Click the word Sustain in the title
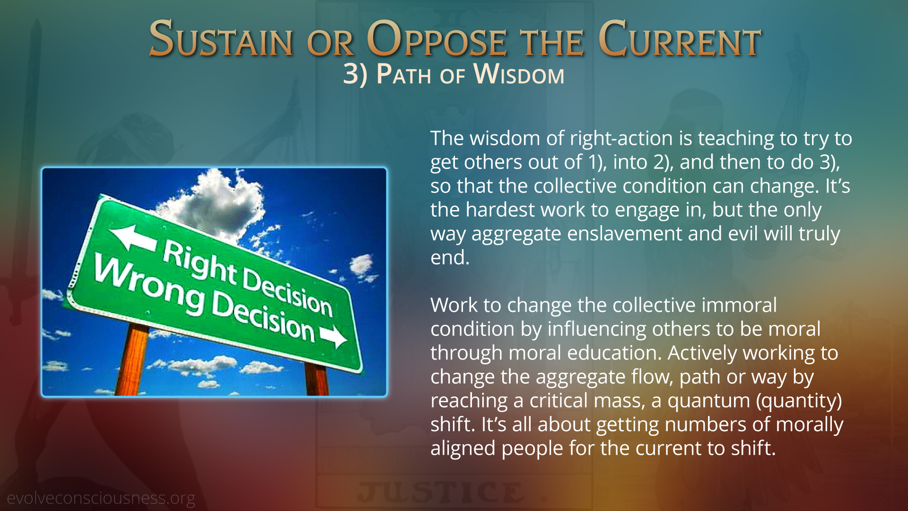[x=221, y=39]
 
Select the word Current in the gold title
[x=680, y=39]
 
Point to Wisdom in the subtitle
[x=519, y=74]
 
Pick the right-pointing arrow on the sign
[x=334, y=335]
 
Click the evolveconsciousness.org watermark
[x=101, y=498]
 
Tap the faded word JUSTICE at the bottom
[x=440, y=492]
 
